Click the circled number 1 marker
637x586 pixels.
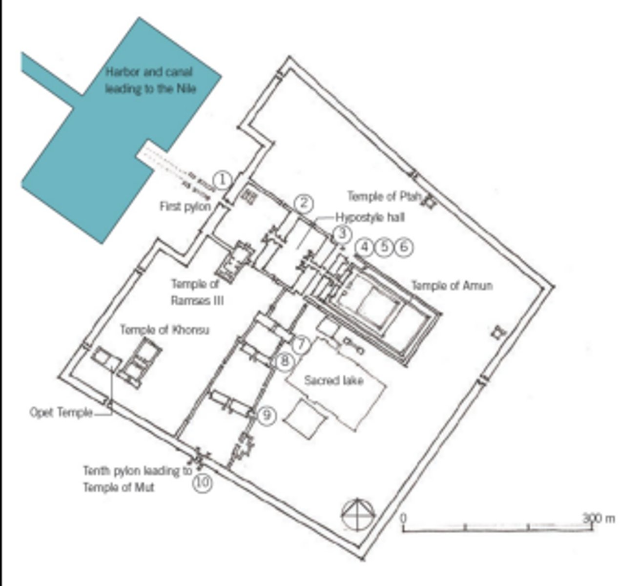point(222,180)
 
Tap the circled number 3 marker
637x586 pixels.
point(342,234)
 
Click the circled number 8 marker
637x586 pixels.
point(286,361)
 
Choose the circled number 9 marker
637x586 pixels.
point(267,416)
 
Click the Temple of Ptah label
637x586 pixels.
point(384,197)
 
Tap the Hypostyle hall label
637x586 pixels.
point(370,218)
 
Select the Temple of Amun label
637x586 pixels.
point(452,285)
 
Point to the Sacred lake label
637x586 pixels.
point(334,380)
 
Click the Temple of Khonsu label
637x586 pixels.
point(164,330)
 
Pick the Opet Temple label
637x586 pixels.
point(61,413)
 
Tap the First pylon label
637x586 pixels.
point(185,207)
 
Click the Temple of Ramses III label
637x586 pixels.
point(197,292)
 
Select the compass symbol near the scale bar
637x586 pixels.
point(359,515)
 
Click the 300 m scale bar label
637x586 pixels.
point(599,518)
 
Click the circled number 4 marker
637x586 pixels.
point(365,247)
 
